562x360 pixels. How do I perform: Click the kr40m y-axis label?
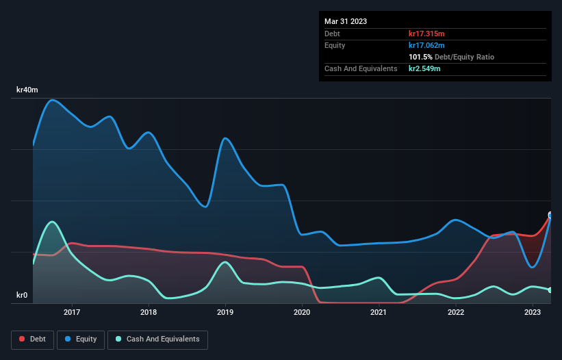[27, 90]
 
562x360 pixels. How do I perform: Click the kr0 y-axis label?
[22, 296]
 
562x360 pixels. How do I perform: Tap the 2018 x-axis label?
[149, 313]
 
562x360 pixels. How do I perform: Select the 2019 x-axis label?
[225, 313]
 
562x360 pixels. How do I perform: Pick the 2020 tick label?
[302, 313]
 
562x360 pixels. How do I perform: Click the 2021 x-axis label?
[379, 313]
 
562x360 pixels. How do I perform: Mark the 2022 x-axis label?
[456, 313]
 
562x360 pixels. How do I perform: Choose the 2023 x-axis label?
[533, 313]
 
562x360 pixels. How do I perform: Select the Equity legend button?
[81, 339]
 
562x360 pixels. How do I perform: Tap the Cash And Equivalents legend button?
[157, 339]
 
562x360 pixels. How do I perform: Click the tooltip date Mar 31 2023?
[346, 21]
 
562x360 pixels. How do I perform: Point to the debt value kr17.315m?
[427, 34]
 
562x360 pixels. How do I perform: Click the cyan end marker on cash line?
[550, 290]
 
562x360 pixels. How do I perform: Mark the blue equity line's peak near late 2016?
[53, 100]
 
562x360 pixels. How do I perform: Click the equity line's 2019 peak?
[225, 138]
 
